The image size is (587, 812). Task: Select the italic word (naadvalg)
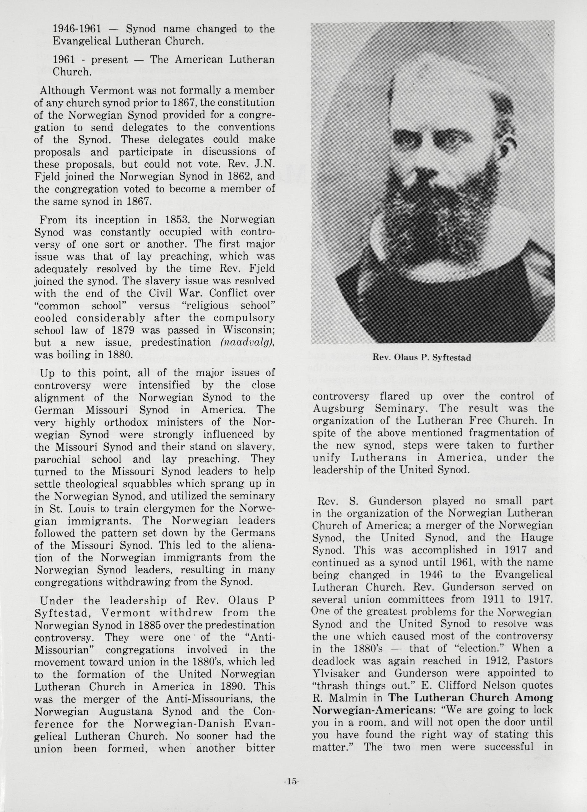[248, 342]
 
